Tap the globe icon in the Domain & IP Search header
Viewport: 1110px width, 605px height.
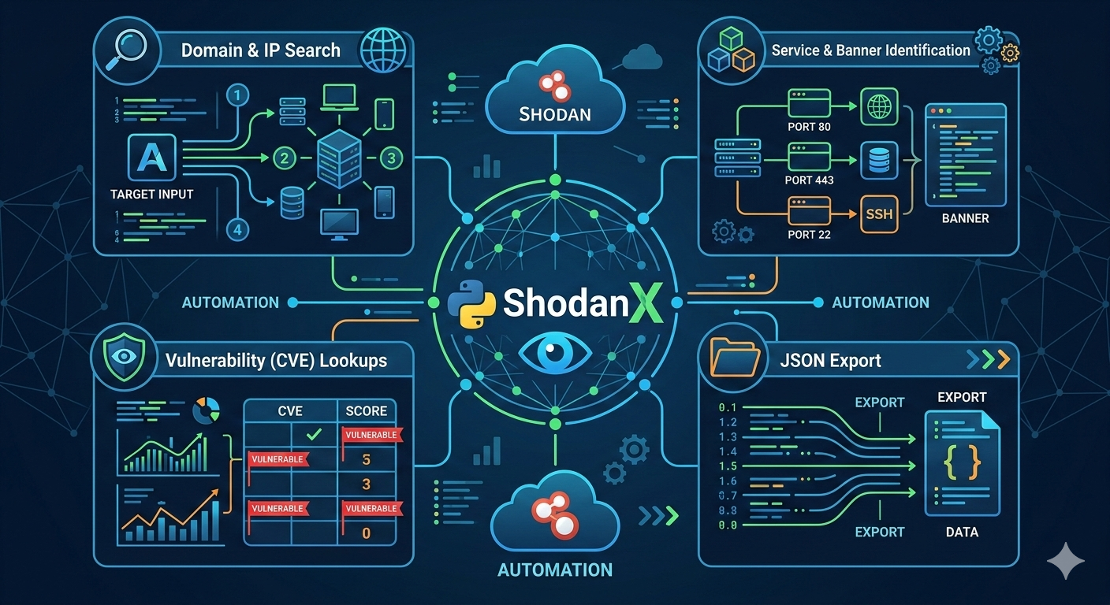(x=382, y=50)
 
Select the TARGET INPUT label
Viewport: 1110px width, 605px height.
(x=152, y=194)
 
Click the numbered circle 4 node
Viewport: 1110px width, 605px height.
(x=238, y=229)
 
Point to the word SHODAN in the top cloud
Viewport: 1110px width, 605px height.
(x=555, y=113)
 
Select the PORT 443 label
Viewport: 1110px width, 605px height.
(x=809, y=180)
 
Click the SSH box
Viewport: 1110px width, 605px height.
(x=878, y=213)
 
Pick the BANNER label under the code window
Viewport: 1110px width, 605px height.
(x=965, y=218)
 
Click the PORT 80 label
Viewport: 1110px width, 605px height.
(x=809, y=127)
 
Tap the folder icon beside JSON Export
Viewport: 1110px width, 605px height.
(x=734, y=358)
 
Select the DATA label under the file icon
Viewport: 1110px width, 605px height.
(x=962, y=532)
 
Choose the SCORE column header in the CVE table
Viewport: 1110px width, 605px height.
(x=366, y=410)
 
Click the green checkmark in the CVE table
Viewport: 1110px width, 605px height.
(x=313, y=434)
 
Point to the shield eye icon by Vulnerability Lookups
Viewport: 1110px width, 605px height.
(x=125, y=355)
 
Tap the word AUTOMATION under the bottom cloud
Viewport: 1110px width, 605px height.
(x=555, y=570)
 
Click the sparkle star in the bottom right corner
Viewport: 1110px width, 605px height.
(x=1066, y=560)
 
